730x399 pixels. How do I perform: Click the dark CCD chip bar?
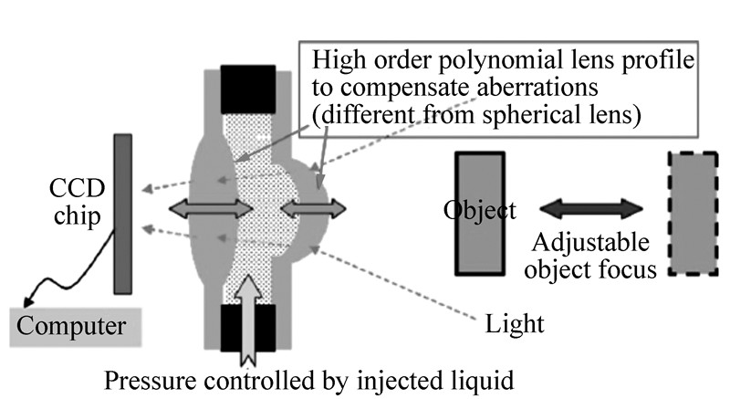122,213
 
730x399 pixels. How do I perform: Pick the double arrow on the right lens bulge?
314,209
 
